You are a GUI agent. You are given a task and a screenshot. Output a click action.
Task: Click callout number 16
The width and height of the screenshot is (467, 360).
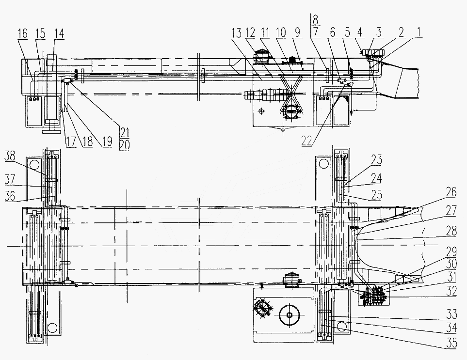tap(22, 33)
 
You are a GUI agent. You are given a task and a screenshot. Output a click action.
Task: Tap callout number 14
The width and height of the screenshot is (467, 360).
tap(59, 33)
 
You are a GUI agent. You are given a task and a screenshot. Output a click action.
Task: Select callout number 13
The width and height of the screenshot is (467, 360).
tap(237, 33)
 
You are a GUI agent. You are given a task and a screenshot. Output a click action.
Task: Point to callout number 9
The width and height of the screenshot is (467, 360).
tap(298, 32)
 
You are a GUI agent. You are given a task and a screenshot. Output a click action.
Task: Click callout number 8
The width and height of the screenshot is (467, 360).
tap(315, 20)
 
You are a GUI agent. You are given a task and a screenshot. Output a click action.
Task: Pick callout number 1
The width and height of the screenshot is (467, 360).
tap(419, 32)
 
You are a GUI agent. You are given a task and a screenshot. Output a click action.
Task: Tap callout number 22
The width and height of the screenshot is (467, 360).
tap(307, 141)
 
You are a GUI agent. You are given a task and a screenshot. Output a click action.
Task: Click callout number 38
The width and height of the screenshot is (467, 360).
tap(10, 156)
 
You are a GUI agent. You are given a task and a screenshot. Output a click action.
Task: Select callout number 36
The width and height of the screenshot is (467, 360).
tap(10, 196)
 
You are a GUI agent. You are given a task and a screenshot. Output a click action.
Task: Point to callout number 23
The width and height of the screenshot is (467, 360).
tap(376, 160)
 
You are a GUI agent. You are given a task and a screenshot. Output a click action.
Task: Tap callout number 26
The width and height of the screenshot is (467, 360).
tap(451, 192)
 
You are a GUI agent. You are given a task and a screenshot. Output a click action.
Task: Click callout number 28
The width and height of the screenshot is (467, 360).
tap(451, 231)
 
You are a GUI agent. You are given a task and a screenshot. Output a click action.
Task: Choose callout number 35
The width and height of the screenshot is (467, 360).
tap(451, 343)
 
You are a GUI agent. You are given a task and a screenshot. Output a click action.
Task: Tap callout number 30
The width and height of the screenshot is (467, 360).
tap(451, 263)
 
